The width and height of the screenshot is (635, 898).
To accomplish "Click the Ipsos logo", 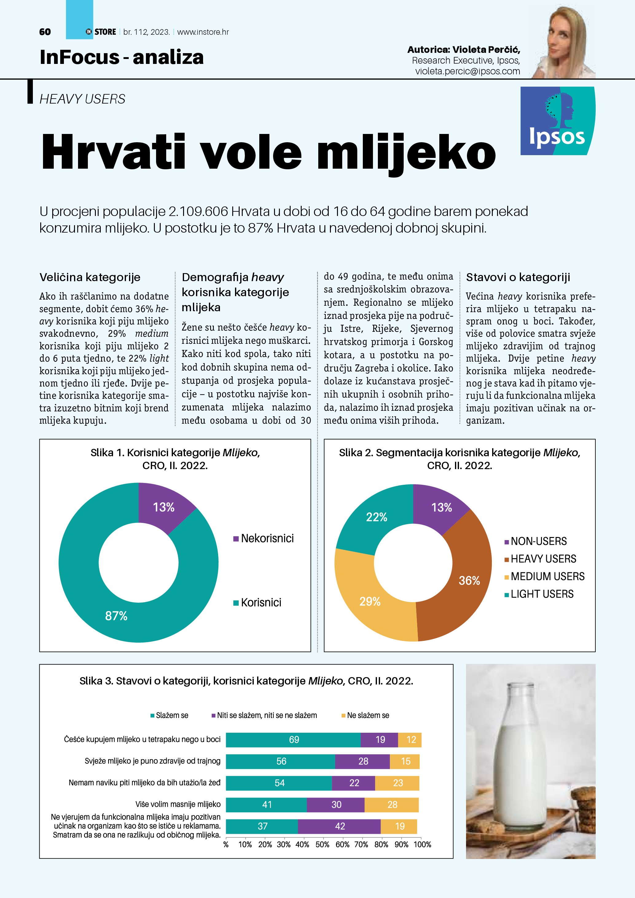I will click(x=557, y=121).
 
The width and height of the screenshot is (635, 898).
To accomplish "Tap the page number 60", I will click(x=45, y=32).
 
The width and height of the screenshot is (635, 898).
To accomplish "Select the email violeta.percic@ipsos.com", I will click(x=467, y=71).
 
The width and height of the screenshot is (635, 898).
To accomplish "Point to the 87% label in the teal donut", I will click(x=116, y=616).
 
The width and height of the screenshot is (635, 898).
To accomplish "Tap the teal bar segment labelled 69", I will click(x=293, y=739).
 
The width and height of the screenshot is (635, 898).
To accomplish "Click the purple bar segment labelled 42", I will click(x=339, y=826).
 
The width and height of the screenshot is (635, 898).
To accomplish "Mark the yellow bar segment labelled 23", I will click(x=397, y=782).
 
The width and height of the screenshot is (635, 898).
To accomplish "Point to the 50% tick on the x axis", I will click(x=322, y=845).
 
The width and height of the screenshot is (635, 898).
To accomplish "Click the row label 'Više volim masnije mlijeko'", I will click(x=178, y=804).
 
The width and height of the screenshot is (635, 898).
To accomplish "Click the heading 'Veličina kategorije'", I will click(x=90, y=277).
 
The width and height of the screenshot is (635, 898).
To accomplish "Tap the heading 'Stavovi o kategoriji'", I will click(x=518, y=277).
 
